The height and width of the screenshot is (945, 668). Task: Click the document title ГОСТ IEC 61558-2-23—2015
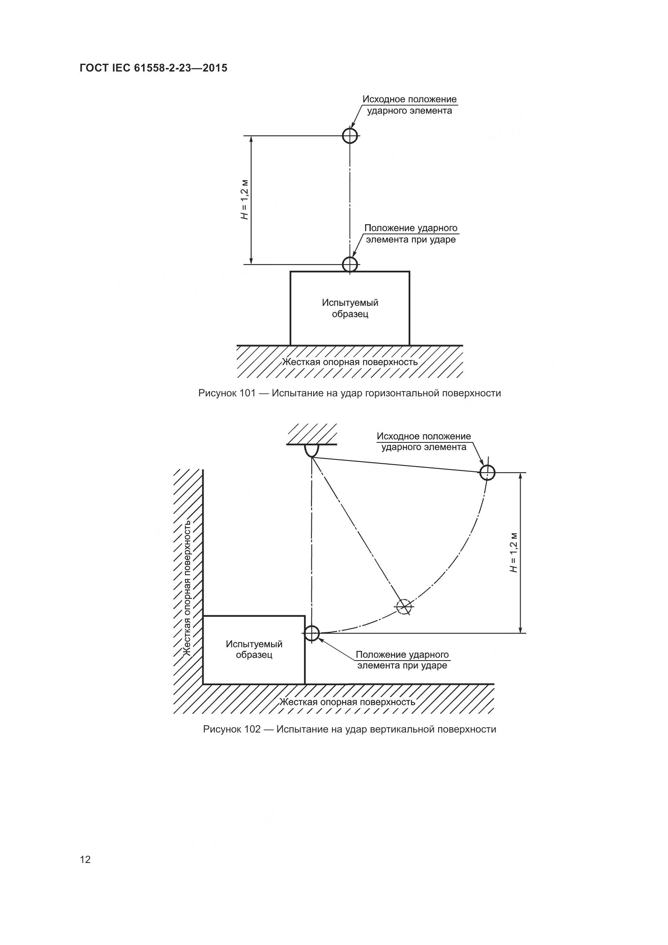click(153, 68)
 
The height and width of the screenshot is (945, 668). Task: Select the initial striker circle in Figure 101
click(350, 135)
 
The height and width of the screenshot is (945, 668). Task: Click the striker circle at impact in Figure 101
click(350, 263)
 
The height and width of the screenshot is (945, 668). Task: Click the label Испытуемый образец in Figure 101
click(350, 308)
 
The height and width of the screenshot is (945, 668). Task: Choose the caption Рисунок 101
click(349, 393)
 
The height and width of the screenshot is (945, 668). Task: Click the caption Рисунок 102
click(349, 729)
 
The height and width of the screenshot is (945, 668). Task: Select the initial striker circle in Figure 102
click(487, 473)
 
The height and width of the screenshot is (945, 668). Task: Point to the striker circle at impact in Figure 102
click(312, 634)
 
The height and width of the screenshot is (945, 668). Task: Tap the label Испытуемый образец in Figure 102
click(254, 649)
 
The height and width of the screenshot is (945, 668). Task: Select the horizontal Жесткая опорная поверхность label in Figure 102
click(347, 702)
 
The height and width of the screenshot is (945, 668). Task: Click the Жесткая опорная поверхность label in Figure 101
click(350, 362)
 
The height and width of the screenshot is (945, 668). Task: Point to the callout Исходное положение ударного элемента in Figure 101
click(409, 105)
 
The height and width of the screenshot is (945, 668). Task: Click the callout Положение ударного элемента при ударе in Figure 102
click(402, 660)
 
